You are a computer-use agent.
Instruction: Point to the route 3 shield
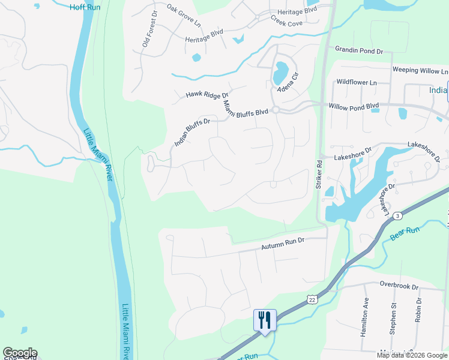pyautogui.click(x=397, y=215)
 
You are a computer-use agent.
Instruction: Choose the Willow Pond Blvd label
pyautogui.click(x=354, y=106)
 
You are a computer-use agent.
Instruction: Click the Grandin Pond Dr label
pyautogui.click(x=358, y=51)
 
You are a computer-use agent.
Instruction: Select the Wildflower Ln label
pyautogui.click(x=356, y=82)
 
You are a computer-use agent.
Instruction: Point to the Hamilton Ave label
pyautogui.click(x=364, y=318)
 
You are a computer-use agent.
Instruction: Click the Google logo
pyautogui.click(x=20, y=353)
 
